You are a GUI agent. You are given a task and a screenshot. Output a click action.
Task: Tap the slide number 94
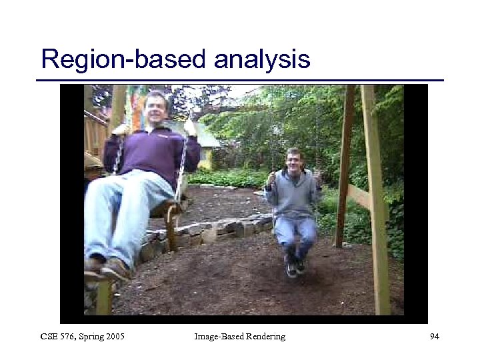[x=435, y=337]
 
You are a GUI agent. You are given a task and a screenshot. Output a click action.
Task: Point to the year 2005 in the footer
[x=114, y=337]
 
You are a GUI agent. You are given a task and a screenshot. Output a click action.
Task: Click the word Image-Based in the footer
[x=215, y=337]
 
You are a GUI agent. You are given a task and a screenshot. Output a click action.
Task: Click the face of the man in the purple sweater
[x=155, y=107]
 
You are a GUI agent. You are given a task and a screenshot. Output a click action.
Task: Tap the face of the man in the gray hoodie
[x=294, y=160]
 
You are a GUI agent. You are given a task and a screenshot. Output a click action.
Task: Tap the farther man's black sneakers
[x=293, y=267]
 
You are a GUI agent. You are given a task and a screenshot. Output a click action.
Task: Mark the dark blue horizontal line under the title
[x=239, y=81]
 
